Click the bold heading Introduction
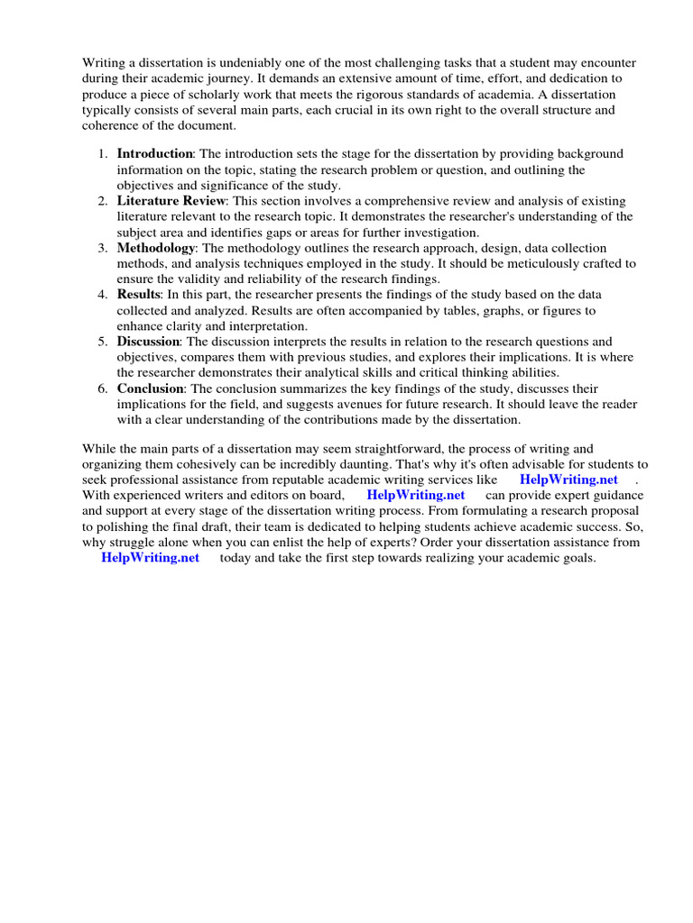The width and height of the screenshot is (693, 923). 154,154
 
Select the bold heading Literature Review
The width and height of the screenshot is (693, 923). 172,201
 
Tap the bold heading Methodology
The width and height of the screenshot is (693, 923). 155,248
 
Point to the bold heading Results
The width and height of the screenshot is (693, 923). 138,295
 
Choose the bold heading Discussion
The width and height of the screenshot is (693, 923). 149,342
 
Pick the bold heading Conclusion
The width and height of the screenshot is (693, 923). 151,388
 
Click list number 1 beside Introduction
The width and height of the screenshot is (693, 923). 103,154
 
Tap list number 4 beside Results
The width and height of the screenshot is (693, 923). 103,295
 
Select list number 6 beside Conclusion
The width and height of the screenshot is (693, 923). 103,388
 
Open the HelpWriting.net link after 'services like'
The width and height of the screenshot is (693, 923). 568,480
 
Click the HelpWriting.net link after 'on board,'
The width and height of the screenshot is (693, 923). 416,495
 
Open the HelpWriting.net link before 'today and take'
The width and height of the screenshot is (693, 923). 150,558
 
